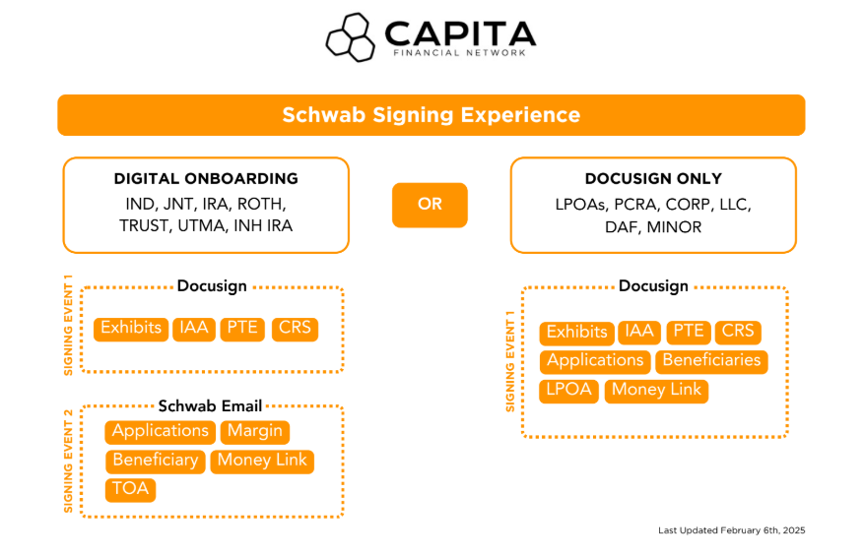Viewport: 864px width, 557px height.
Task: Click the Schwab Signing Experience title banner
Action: point(431,115)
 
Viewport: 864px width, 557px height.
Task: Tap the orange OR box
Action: point(430,205)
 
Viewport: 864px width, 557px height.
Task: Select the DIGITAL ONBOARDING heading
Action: point(206,179)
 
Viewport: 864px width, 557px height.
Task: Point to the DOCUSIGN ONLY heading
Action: point(652,179)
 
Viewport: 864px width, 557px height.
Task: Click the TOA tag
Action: point(130,489)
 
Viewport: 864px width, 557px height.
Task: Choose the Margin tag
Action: point(255,431)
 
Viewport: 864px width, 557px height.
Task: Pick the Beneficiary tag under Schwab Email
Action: point(155,461)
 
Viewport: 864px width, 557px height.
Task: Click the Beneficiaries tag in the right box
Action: point(711,360)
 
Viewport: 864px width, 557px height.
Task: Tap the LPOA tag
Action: point(568,390)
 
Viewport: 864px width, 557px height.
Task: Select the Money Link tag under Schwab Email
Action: point(262,461)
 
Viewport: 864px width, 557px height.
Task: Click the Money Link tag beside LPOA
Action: point(656,390)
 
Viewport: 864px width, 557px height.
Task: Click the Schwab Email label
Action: point(211,405)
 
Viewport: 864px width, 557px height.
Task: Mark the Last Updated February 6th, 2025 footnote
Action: point(731,530)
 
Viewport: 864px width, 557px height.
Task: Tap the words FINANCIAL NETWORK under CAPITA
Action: point(459,52)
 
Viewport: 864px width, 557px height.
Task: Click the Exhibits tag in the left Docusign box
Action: point(131,328)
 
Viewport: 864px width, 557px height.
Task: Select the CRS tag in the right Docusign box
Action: point(737,332)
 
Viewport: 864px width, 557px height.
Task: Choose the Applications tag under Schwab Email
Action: point(160,431)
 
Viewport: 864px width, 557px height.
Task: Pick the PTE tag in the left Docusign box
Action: point(242,328)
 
